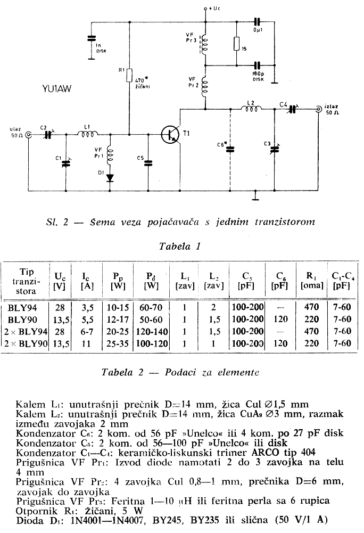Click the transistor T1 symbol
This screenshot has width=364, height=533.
point(170,135)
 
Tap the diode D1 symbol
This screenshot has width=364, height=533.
point(110,178)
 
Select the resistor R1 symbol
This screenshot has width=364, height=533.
point(129,75)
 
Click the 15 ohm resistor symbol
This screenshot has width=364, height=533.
point(237,44)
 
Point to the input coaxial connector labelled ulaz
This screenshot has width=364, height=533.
point(29,135)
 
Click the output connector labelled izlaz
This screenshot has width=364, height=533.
point(318,109)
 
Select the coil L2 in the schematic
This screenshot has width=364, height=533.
point(252,108)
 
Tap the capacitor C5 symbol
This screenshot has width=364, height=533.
point(148,163)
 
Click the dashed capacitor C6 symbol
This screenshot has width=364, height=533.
point(230,149)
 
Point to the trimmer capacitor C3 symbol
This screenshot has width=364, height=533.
point(274,149)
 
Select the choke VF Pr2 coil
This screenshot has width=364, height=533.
point(204,87)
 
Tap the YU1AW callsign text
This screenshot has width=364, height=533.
point(57,89)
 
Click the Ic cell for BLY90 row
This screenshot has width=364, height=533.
point(87,319)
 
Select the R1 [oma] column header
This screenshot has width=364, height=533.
point(312,281)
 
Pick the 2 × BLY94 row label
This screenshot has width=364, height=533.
point(26,331)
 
